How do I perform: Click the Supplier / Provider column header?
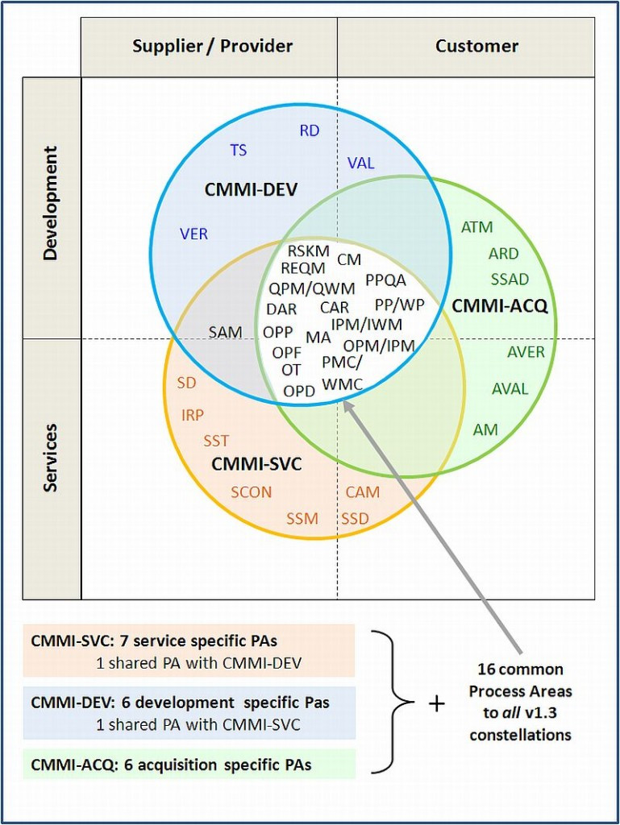tap(212, 46)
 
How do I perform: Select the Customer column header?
tap(476, 46)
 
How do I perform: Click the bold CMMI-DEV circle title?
tap(251, 190)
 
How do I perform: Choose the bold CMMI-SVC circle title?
tap(256, 465)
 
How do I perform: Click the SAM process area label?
tap(225, 332)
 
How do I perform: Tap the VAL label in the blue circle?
tap(360, 163)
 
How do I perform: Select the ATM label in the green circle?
tap(476, 228)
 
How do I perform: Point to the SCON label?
tap(251, 492)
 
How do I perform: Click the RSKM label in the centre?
tap(308, 251)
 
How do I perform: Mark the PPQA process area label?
tap(385, 280)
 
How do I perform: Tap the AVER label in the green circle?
tap(526, 352)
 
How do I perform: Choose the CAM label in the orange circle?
tap(362, 492)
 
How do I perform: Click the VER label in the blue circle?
tap(193, 234)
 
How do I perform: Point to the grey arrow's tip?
tap(346, 400)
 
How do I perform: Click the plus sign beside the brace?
tap(436, 703)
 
